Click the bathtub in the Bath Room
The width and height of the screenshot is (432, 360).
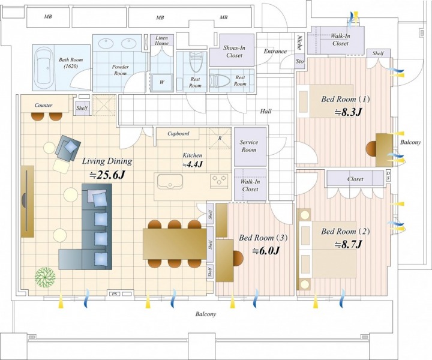pyautogui.click(x=44, y=67)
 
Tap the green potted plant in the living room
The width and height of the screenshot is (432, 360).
pyautogui.click(x=45, y=277)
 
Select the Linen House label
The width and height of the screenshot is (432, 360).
pyautogui.click(x=161, y=40)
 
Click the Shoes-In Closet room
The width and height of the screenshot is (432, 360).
pyautogui.click(x=232, y=50)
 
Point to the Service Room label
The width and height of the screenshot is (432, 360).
pyautogui.click(x=249, y=146)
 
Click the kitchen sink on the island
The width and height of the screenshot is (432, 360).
pyautogui.click(x=170, y=182)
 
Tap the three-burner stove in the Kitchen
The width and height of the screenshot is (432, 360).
pyautogui.click(x=219, y=181)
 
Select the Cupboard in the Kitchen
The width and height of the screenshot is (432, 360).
pyautogui.click(x=178, y=134)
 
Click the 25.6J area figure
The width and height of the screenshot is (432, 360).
pyautogui.click(x=108, y=175)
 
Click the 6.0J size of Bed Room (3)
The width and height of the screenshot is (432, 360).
pyautogui.click(x=266, y=250)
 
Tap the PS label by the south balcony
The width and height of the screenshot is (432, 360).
pyautogui.click(x=114, y=294)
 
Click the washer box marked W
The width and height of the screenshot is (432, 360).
pyautogui.click(x=162, y=82)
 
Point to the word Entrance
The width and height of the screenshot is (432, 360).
pyautogui.click(x=275, y=51)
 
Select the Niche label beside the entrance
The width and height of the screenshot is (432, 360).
pyautogui.click(x=299, y=43)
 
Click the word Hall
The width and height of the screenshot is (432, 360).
pyautogui.click(x=266, y=111)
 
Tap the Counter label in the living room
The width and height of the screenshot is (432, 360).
pyautogui.click(x=44, y=105)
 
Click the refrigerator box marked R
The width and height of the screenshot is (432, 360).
pyautogui.click(x=220, y=138)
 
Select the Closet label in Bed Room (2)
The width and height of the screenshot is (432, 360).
pyautogui.click(x=355, y=179)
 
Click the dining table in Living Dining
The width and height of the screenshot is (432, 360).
pyautogui.click(x=175, y=244)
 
